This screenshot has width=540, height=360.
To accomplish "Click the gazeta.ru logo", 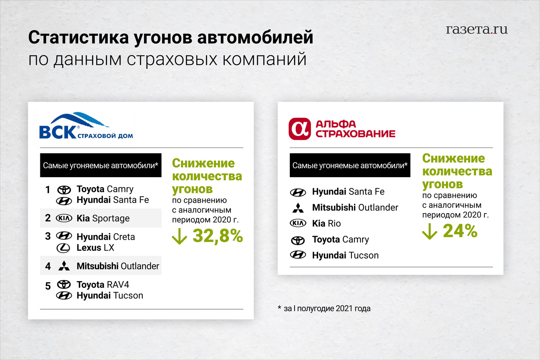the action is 477,30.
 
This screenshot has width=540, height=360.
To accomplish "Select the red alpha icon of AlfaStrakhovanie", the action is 300,129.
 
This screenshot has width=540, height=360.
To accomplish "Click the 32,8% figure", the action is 218,236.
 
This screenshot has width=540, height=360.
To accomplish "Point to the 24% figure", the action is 460,231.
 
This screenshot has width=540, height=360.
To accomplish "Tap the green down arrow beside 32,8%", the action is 179,237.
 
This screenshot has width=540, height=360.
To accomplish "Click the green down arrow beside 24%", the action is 429,231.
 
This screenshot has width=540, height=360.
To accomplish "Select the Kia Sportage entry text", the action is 103,218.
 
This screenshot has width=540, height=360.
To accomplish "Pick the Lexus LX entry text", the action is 95,248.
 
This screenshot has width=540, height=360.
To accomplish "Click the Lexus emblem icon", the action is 63,248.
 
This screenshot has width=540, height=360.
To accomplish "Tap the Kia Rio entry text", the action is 327,223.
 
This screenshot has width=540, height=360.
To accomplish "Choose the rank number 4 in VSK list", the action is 48,266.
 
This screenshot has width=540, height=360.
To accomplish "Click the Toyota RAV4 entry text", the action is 103,284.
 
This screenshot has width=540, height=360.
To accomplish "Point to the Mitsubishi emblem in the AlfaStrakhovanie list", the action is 298,208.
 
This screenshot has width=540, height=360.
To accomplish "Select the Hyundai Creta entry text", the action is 105,237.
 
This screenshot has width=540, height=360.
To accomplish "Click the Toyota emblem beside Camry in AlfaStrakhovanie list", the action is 298,240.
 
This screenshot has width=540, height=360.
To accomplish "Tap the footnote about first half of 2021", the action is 324,309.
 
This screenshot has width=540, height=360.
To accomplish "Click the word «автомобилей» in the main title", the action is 255,37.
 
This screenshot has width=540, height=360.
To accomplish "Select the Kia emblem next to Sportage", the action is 64,218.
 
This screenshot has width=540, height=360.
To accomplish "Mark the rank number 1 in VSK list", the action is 48,190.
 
